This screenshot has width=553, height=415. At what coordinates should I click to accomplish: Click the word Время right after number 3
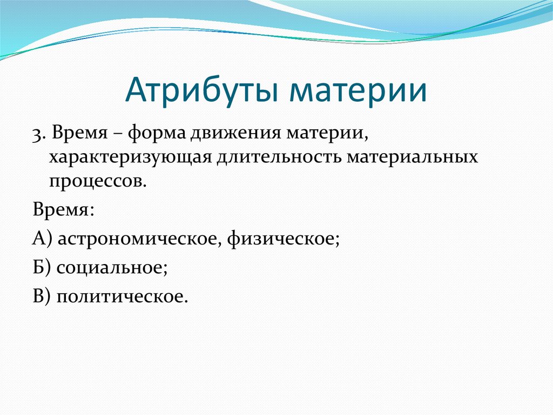(x=80, y=134)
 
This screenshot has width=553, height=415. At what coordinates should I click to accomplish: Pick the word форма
(x=157, y=135)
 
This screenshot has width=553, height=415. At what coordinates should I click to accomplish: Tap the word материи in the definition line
(x=327, y=135)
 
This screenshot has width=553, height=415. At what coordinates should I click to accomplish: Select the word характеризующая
(x=130, y=157)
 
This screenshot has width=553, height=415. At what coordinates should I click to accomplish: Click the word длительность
(x=279, y=157)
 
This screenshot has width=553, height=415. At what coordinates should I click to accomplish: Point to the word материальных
(x=412, y=157)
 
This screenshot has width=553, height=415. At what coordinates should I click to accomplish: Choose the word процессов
(x=97, y=182)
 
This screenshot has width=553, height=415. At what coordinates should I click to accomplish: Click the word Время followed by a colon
(x=64, y=209)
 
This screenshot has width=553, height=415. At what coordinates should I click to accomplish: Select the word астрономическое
(x=140, y=239)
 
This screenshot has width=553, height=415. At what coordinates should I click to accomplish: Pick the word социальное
(x=112, y=268)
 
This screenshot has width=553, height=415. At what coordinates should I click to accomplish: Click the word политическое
(x=122, y=297)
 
